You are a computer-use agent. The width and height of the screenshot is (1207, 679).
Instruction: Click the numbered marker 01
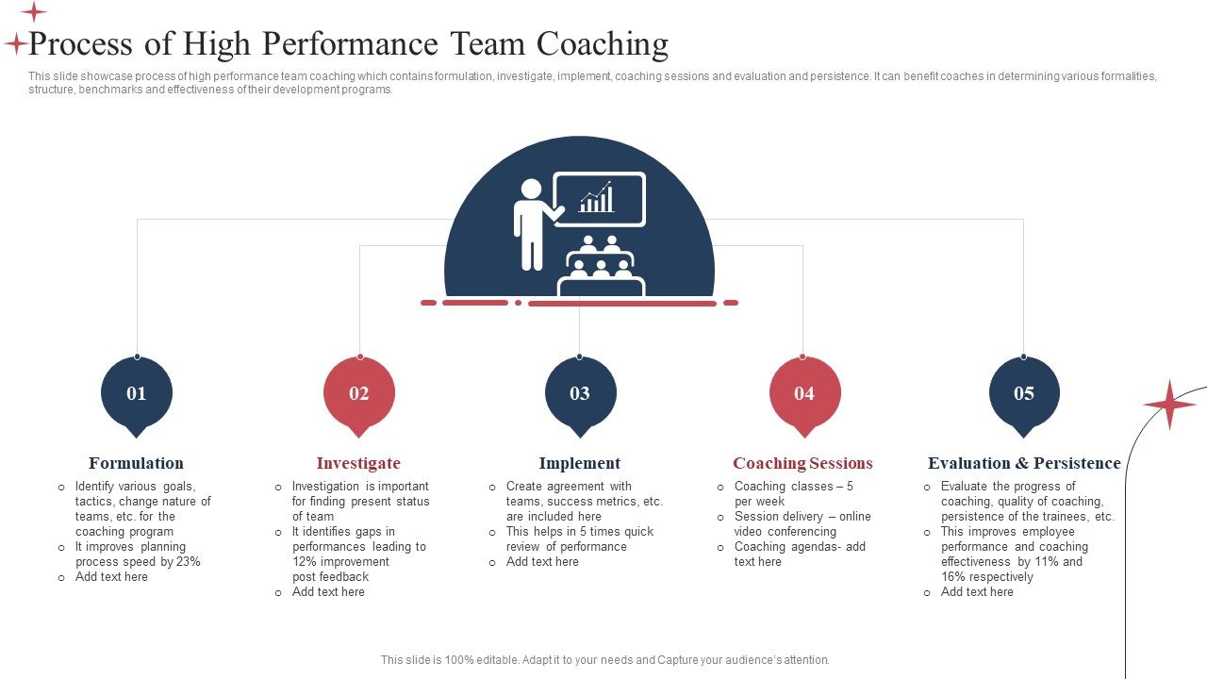pos(137,393)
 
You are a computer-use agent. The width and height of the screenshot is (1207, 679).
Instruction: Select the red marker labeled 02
pos(359,393)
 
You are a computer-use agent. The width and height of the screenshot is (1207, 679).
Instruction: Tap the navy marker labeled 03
pos(580,393)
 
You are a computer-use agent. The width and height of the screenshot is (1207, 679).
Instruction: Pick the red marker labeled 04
pos(803,393)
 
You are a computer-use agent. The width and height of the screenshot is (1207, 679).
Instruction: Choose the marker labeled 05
pos(1024,393)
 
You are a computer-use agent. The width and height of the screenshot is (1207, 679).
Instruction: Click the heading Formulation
pos(136,463)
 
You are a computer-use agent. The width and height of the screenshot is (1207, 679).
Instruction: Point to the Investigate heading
pos(358,463)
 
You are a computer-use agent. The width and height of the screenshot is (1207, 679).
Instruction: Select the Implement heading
pos(579,463)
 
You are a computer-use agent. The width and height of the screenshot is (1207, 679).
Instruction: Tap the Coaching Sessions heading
pos(802,463)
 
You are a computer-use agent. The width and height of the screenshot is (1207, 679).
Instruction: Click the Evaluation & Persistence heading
pos(1024,463)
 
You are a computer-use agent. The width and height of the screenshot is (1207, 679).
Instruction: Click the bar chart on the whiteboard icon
pos(597,198)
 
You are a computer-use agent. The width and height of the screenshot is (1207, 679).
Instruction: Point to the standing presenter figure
pos(533,224)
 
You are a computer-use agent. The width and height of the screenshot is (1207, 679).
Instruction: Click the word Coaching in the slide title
pos(603,44)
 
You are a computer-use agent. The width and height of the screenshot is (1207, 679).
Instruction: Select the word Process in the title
pos(85,44)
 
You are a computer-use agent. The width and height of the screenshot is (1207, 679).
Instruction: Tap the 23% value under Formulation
pos(189,562)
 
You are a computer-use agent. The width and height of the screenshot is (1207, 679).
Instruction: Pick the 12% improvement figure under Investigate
pos(305,562)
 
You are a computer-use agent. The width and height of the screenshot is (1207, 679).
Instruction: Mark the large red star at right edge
pos(1169,405)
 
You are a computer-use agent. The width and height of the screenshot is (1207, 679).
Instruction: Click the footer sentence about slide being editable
pos(604,660)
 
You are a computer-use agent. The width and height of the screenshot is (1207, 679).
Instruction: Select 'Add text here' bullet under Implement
pos(542,562)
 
